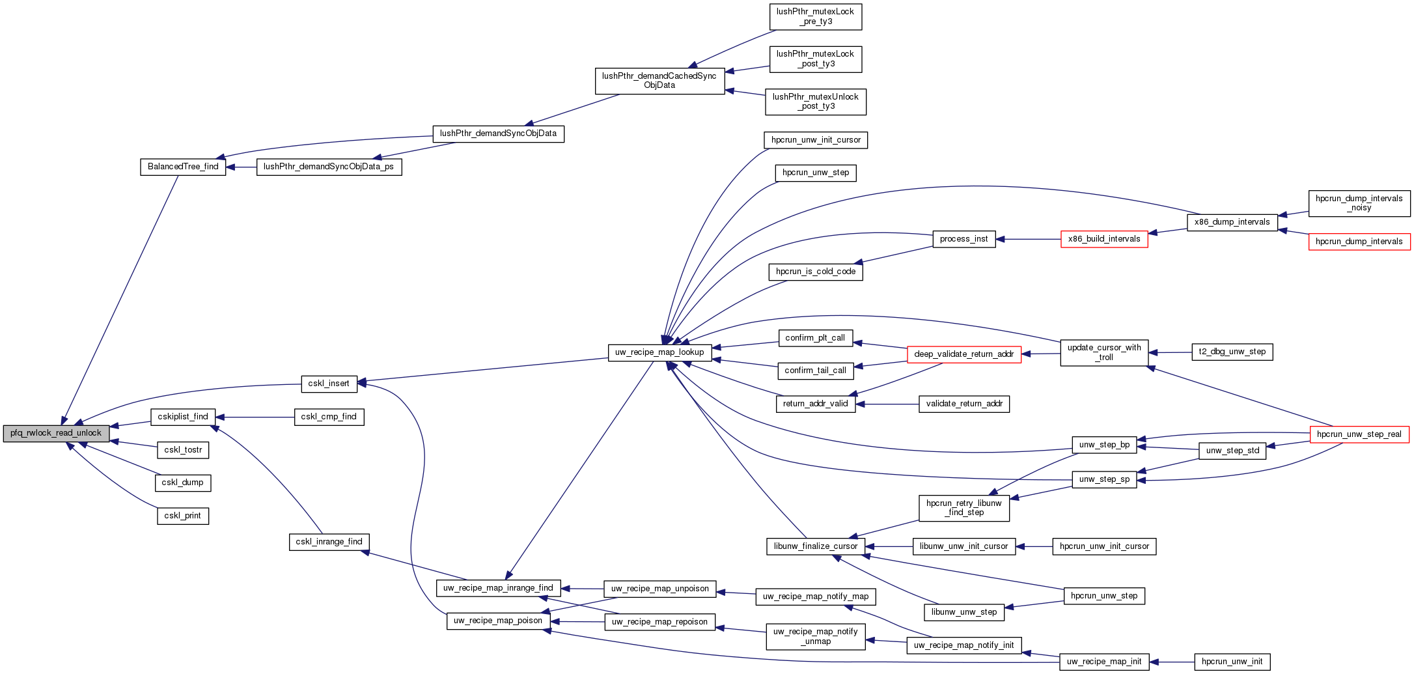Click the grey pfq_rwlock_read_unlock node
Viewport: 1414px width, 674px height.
click(x=56, y=433)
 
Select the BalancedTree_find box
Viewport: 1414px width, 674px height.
click(x=183, y=167)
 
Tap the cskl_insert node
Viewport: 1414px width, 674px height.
click(x=329, y=384)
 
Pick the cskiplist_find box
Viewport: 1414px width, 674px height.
click(x=183, y=417)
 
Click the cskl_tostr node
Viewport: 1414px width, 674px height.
click(x=183, y=450)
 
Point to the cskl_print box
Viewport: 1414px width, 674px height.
click(x=183, y=516)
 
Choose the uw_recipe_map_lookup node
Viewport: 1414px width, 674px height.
click(x=659, y=352)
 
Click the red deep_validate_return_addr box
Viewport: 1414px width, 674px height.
click(x=963, y=354)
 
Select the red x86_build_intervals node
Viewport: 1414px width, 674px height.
click(x=1104, y=239)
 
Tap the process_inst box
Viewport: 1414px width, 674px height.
click(x=963, y=239)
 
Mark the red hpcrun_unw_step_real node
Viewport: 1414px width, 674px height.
click(x=1359, y=434)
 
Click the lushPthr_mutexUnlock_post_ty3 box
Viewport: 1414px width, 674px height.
click(x=815, y=102)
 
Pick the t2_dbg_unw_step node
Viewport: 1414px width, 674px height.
click(x=1232, y=352)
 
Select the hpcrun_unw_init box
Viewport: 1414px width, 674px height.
click(x=1232, y=662)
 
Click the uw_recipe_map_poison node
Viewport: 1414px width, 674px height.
click(x=498, y=621)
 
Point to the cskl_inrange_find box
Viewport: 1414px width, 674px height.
click(x=329, y=542)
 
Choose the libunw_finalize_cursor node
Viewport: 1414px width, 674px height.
click(x=815, y=546)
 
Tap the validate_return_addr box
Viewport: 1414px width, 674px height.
click(x=963, y=404)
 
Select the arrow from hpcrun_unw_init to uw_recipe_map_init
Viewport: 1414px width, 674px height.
click(x=1172, y=662)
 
